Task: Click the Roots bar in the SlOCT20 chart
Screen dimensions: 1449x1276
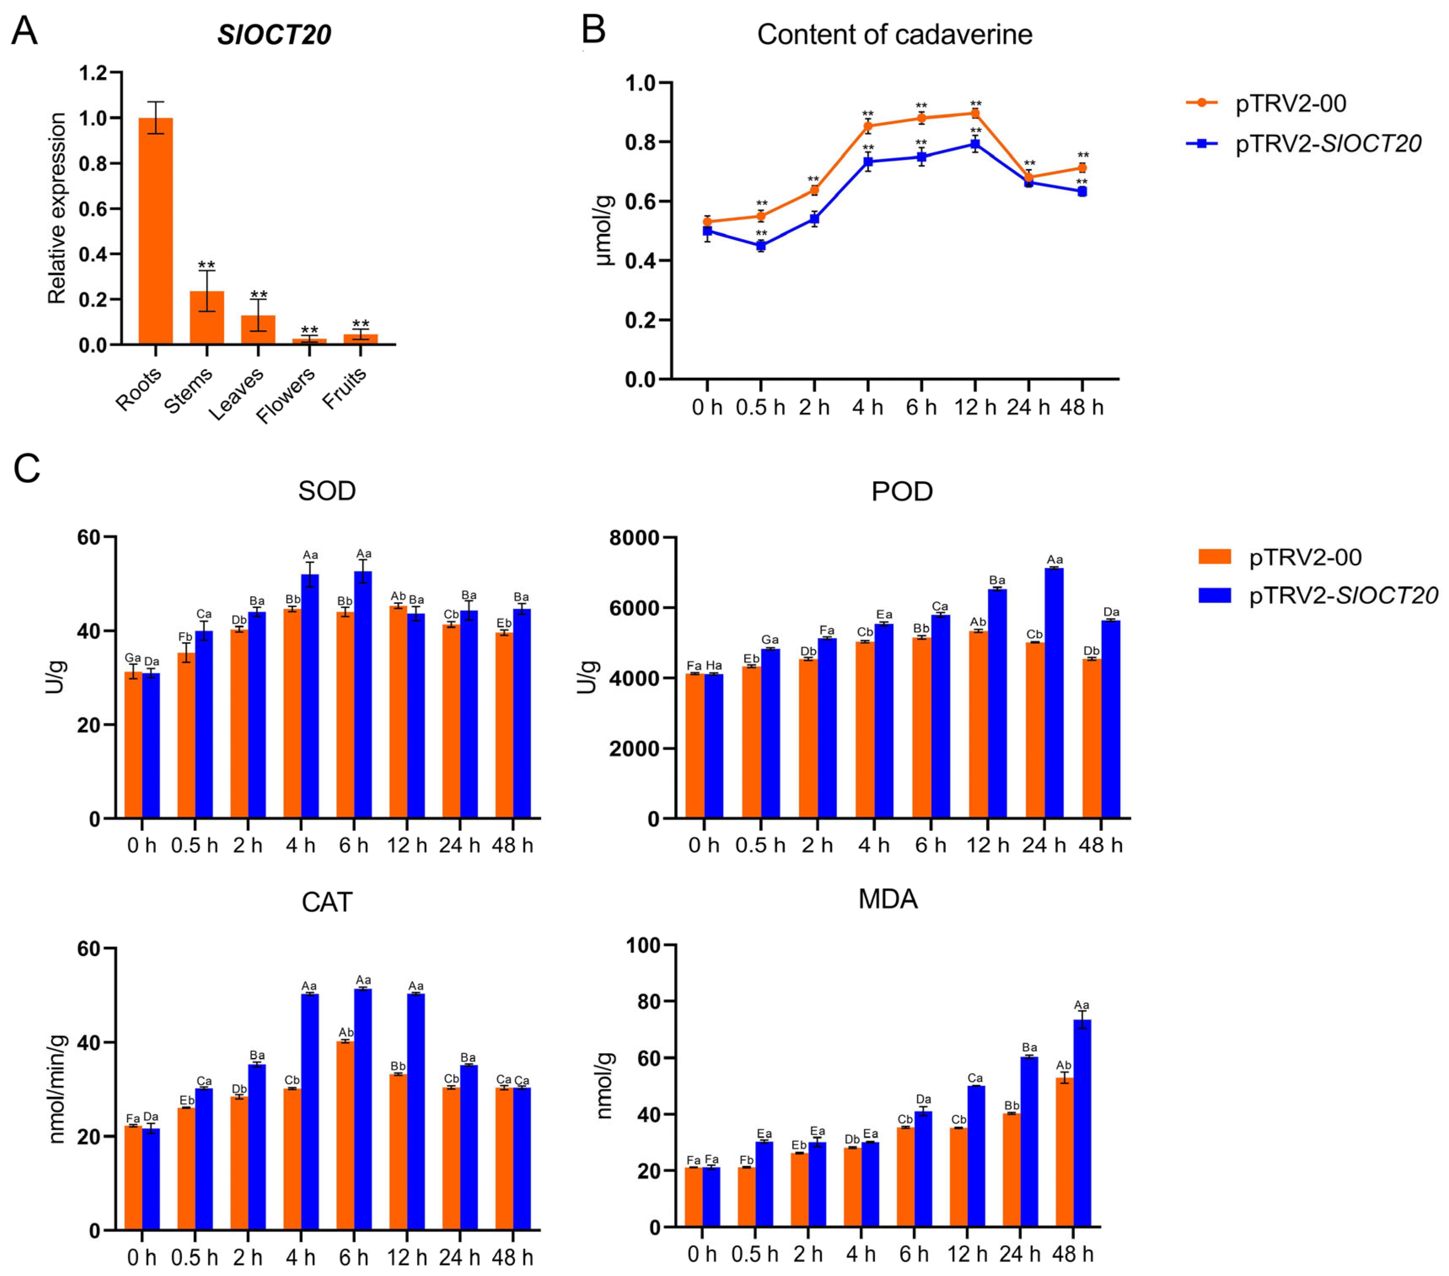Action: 155,231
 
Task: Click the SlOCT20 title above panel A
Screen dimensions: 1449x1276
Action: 274,35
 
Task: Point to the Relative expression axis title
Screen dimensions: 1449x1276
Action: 57,208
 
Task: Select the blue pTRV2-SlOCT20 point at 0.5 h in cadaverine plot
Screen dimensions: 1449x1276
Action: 761,246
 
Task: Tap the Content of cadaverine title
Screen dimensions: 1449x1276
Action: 895,34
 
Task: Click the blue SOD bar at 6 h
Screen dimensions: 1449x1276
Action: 363,695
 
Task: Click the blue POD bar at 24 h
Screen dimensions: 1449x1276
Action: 1054,693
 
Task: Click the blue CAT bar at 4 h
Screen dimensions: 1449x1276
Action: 310,1112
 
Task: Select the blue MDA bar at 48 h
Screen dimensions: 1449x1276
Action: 1082,1124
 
